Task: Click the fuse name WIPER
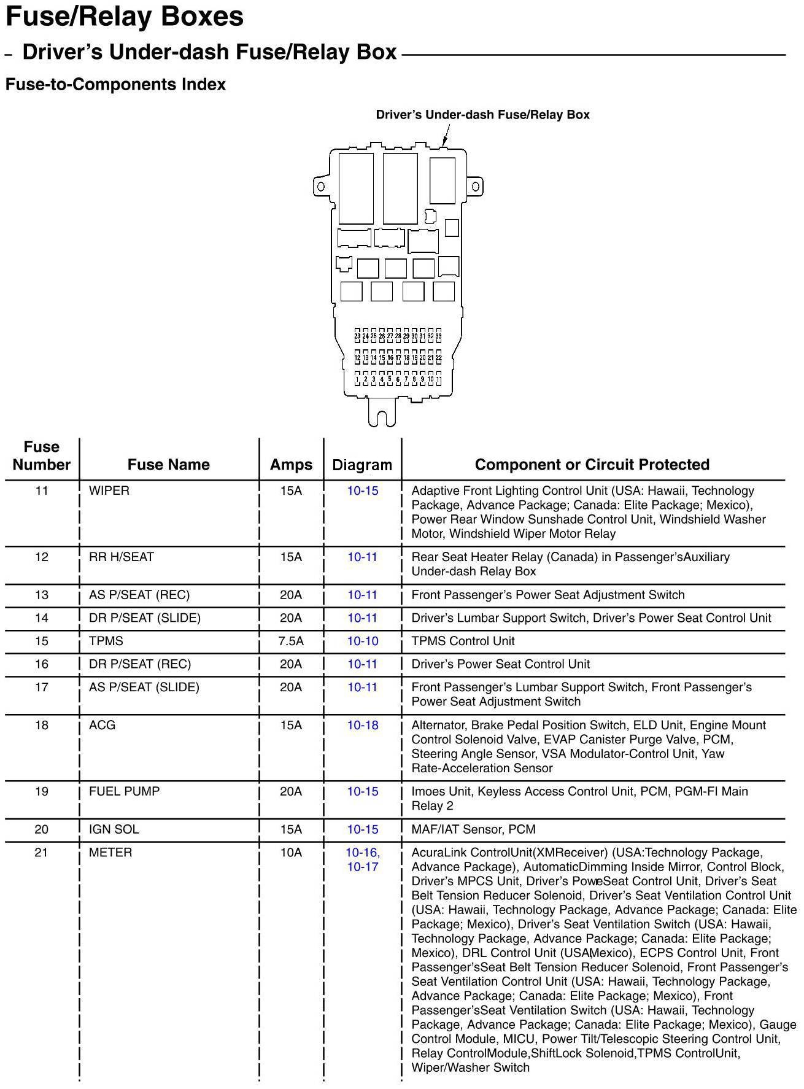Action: click(x=109, y=490)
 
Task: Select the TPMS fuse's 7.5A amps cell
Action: click(x=291, y=641)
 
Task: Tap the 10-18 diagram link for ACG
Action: click(x=363, y=725)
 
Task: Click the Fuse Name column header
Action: click(x=168, y=465)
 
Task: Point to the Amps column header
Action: click(x=291, y=465)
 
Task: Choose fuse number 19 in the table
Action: click(x=41, y=791)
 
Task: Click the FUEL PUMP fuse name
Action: click(x=124, y=791)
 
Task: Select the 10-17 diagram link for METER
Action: click(x=363, y=867)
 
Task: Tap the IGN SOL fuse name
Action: click(x=114, y=829)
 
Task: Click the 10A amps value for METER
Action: click(x=291, y=852)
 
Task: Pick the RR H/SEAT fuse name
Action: click(x=122, y=557)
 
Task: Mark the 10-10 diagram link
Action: click(x=363, y=641)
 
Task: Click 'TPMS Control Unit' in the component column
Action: click(x=463, y=641)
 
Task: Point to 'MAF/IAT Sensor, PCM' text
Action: click(x=473, y=829)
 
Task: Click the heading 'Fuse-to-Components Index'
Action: click(x=115, y=85)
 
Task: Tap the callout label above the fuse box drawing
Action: click(x=482, y=115)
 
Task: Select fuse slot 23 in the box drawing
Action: click(x=358, y=336)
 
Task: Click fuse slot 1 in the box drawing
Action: click(x=357, y=379)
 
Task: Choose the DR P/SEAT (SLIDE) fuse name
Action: click(x=145, y=618)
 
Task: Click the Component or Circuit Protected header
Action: click(x=592, y=465)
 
